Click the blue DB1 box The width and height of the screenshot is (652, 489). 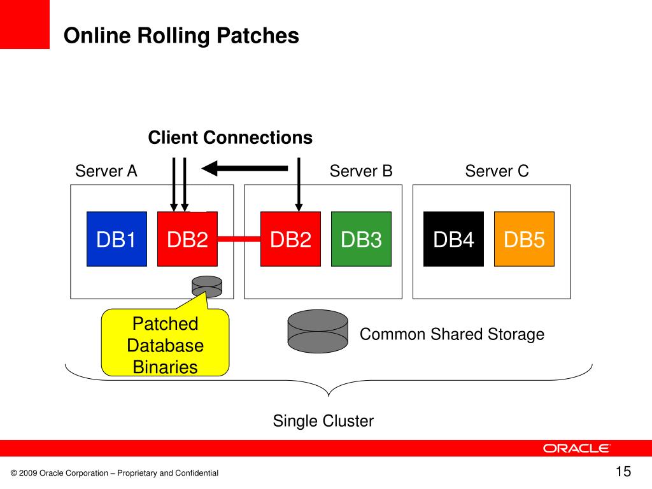(x=117, y=239)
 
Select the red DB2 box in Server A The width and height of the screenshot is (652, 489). (x=187, y=239)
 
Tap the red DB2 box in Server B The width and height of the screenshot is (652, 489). (x=290, y=239)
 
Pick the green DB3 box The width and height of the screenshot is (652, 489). (x=361, y=239)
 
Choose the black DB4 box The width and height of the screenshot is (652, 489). (x=453, y=239)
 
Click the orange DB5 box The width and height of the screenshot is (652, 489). (x=524, y=239)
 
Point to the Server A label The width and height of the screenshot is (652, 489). (x=106, y=171)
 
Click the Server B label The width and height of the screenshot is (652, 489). (x=361, y=171)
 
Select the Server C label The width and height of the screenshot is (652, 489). (x=497, y=171)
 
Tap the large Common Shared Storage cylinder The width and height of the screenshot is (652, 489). (x=318, y=331)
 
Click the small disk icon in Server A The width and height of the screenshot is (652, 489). (x=207, y=287)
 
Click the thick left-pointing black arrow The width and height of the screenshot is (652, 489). (x=244, y=168)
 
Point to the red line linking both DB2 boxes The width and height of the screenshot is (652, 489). (x=239, y=239)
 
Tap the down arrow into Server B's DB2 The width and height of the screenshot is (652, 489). (x=299, y=184)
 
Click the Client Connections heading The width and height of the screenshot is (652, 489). (x=230, y=138)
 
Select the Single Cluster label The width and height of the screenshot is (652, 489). (x=323, y=421)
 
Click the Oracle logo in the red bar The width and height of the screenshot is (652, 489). (x=576, y=448)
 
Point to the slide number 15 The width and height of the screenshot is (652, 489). (x=623, y=472)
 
